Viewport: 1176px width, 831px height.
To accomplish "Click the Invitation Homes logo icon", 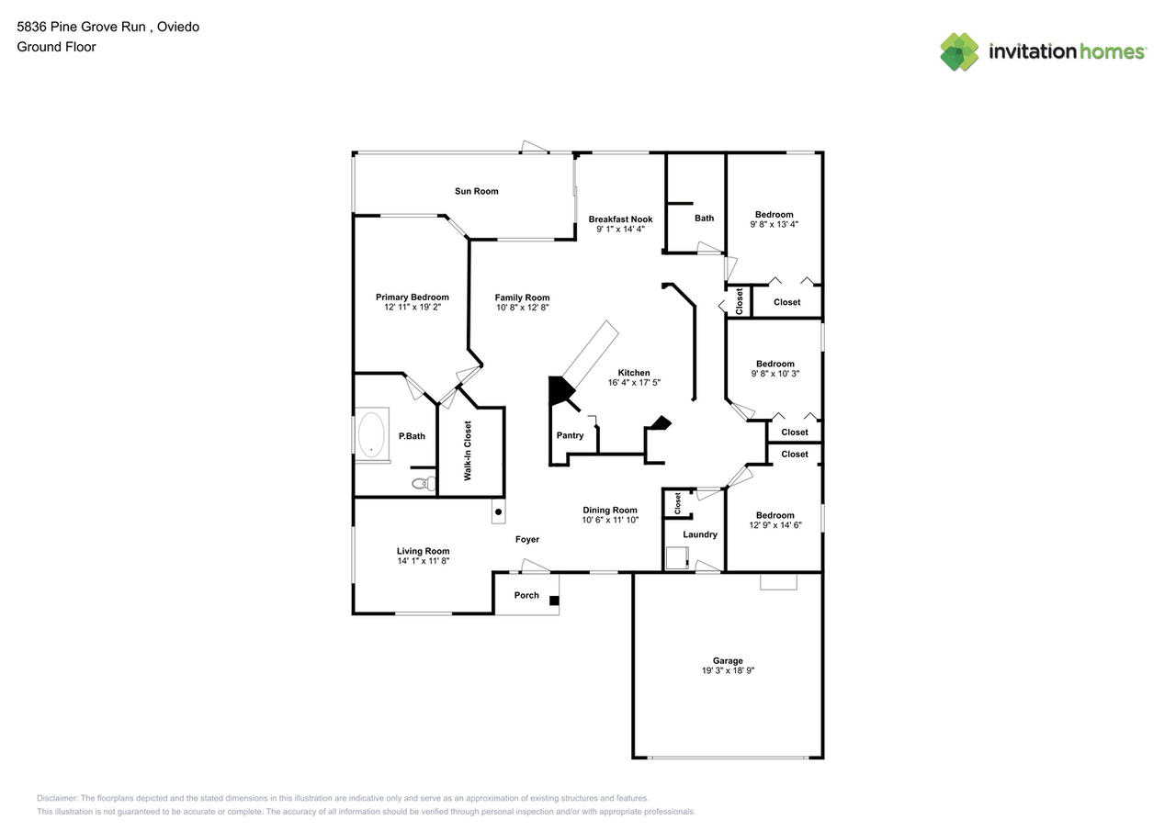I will click(x=959, y=51).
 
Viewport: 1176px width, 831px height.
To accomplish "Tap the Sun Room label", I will click(x=476, y=191).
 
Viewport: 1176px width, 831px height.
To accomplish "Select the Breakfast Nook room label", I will click(x=620, y=219).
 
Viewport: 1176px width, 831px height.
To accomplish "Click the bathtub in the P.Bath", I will click(x=371, y=435).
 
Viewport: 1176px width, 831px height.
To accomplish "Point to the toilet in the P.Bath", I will click(x=422, y=482).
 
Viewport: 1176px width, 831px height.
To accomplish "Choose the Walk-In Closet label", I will click(x=468, y=451).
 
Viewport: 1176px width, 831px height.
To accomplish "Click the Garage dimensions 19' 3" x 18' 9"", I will click(x=728, y=671).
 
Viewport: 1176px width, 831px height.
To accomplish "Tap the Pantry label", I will click(x=570, y=435).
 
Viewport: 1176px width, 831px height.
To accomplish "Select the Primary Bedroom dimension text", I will click(x=412, y=308).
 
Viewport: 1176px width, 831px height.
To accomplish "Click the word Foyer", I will click(x=526, y=540).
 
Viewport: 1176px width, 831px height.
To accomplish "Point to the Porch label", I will click(x=526, y=595).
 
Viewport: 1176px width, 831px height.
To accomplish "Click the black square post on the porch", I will click(x=553, y=601).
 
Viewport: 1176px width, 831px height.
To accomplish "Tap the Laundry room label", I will click(x=700, y=534).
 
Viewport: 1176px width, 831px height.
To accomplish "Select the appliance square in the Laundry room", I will click(x=678, y=558).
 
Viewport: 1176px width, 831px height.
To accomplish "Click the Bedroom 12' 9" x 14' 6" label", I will click(x=775, y=515).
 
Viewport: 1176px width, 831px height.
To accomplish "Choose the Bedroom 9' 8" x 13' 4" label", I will click(x=775, y=215).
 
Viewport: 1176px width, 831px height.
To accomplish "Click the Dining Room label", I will click(x=610, y=510).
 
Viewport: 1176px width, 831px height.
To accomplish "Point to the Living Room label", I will click(x=423, y=551).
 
